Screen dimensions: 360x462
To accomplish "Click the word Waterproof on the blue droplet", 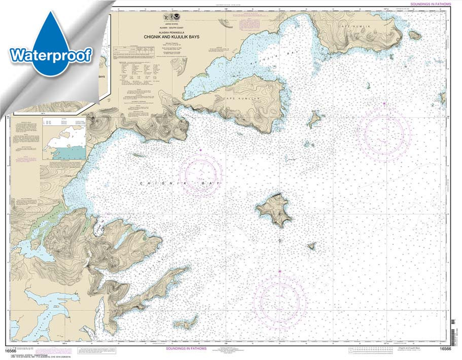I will (50, 54).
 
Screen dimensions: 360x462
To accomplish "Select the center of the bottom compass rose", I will (279, 298).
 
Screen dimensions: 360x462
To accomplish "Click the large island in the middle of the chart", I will (274, 209).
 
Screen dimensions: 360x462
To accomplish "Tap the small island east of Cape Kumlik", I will (414, 34).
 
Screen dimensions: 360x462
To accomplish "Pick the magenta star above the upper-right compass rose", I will (384, 104).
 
